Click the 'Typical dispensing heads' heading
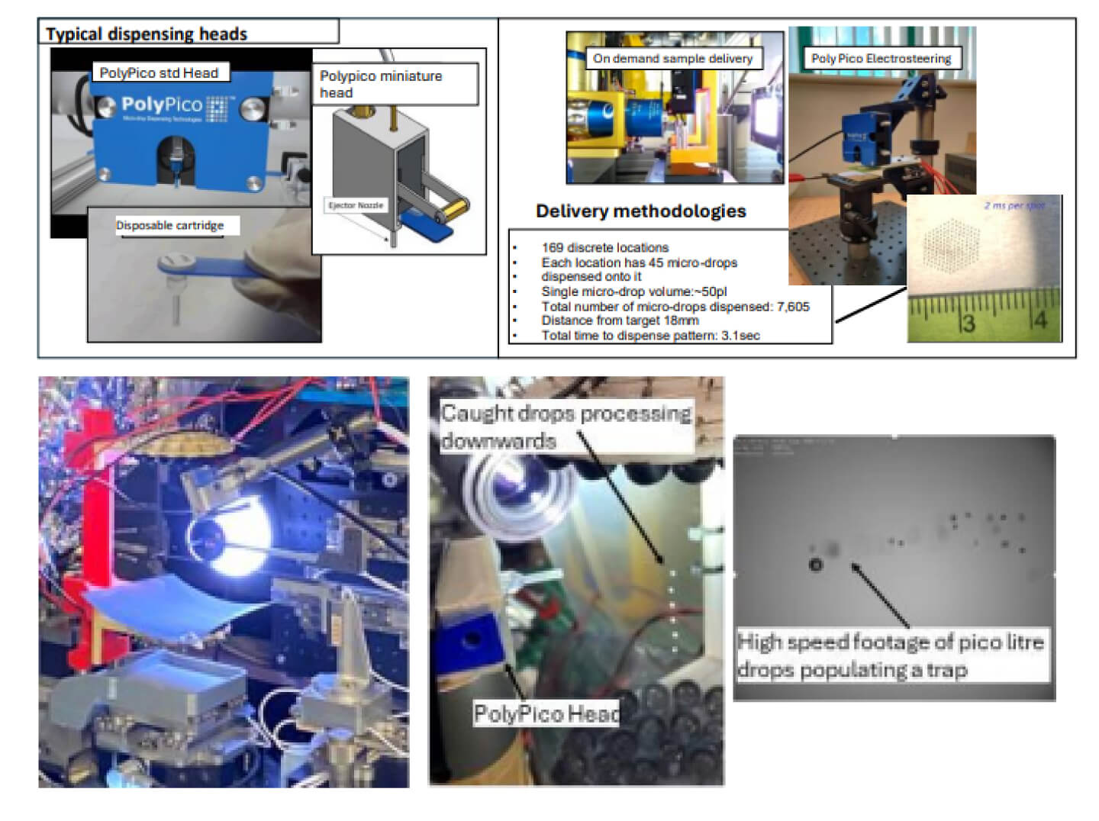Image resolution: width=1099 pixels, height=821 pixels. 147,34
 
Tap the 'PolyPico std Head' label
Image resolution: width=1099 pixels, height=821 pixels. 159,73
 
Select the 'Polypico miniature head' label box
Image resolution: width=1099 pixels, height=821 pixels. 395,84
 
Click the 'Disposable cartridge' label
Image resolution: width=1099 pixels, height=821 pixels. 170,225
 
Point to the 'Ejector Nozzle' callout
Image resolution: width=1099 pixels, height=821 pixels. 356,205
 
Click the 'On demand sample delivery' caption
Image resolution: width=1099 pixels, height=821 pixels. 672,59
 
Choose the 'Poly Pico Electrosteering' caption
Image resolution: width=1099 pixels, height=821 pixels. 881,59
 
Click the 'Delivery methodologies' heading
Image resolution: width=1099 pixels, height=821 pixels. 640,211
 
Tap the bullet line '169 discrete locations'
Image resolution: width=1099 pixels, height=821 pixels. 604,247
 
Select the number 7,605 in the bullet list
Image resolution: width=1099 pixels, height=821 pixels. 792,307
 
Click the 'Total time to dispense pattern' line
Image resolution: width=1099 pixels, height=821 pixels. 650,335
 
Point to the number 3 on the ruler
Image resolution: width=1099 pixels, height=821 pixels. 968,324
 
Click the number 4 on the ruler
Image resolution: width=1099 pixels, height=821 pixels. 1040,320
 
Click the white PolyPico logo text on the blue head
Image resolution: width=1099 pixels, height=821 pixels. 162,105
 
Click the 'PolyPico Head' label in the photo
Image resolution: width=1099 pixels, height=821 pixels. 546,713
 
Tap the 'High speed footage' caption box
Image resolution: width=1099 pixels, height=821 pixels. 890,655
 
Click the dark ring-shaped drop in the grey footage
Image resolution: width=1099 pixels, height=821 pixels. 816,565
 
